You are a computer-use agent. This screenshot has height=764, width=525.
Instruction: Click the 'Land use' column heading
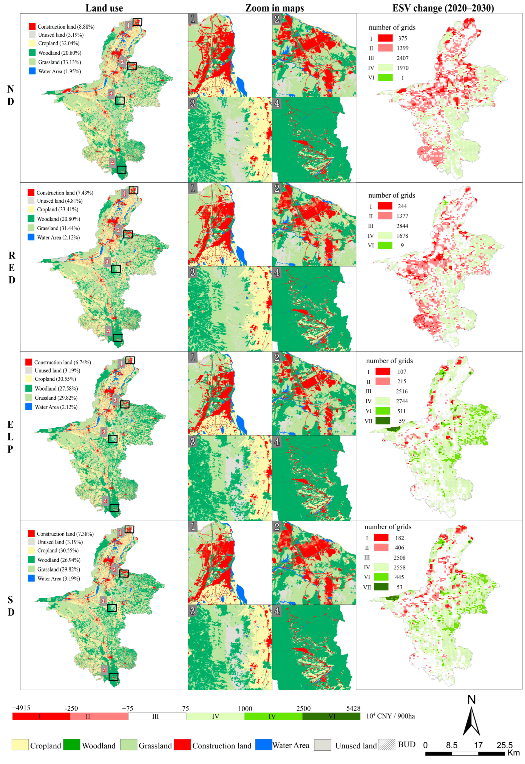pos(104,8)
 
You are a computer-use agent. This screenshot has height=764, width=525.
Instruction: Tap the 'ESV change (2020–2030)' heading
pos(443,8)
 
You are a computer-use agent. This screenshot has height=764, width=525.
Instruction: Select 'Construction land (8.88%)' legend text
pos(66,27)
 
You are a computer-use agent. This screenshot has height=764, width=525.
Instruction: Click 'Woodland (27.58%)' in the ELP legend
pos(56,388)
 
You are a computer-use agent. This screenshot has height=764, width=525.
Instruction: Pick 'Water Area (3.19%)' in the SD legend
pos(59,578)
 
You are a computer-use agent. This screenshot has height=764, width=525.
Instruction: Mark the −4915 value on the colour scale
pos(21,708)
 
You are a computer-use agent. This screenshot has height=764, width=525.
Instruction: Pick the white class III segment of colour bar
pos(157,716)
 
